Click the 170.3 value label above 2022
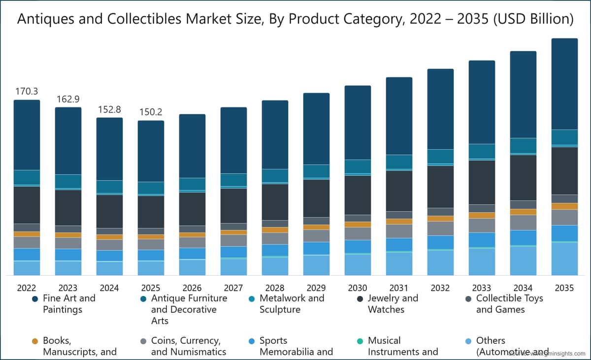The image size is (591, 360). click(27, 91)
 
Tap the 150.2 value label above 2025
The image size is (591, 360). click(151, 112)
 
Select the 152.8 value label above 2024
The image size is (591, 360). click(109, 109)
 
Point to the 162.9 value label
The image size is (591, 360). click(68, 99)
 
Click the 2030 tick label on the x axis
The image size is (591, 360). click(358, 288)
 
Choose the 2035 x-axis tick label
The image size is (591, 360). click(564, 288)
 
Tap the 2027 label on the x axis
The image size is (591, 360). click(233, 288)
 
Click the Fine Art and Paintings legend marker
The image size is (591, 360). click(35, 299)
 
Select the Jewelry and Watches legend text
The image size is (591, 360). click(393, 304)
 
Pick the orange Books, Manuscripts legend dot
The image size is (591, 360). click(35, 341)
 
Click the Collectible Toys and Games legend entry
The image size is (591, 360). click(502, 304)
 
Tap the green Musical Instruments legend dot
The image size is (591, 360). click(360, 341)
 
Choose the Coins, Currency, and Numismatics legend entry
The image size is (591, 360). click(188, 346)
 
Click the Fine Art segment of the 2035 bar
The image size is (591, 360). click(564, 84)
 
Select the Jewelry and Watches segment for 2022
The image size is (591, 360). click(27, 205)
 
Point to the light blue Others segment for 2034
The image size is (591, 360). click(523, 261)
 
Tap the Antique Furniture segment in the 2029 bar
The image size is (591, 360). click(316, 171)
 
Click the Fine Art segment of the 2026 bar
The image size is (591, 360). click(192, 146)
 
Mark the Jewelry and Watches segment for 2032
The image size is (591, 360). click(440, 186)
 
